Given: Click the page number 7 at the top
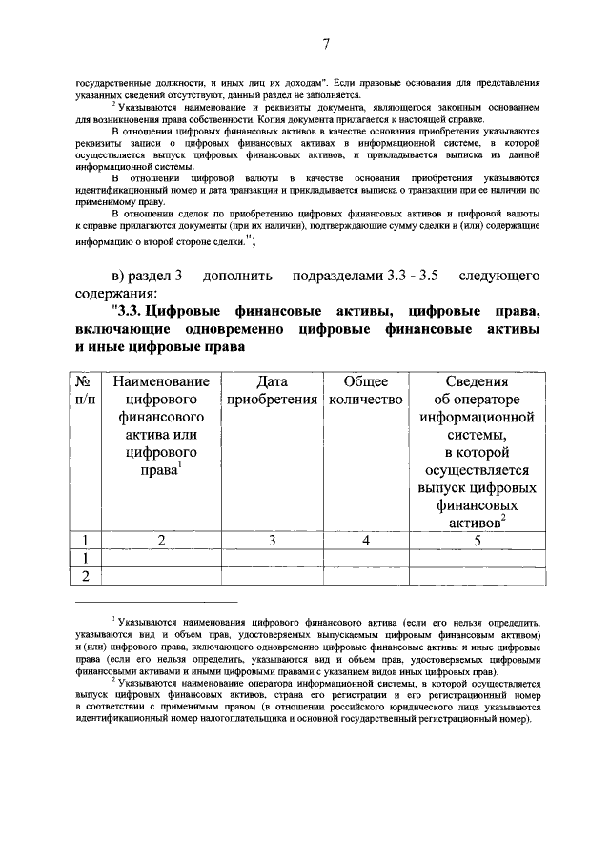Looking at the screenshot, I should click(x=326, y=44).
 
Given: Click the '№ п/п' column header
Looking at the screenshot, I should click(x=86, y=390).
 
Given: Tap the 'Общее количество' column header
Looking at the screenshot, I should click(x=365, y=390).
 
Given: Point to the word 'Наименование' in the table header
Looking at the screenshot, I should click(x=161, y=382).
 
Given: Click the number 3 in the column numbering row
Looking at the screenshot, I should click(x=272, y=541).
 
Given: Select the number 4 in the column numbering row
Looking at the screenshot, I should click(x=365, y=541).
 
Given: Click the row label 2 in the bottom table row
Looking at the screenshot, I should click(x=86, y=575).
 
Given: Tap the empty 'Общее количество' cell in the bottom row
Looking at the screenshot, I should click(x=365, y=575).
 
